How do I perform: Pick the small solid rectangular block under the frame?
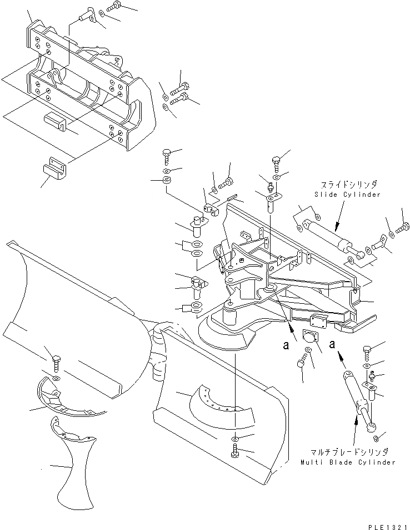(x=54, y=121)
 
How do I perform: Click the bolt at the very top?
(x=116, y=7)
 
